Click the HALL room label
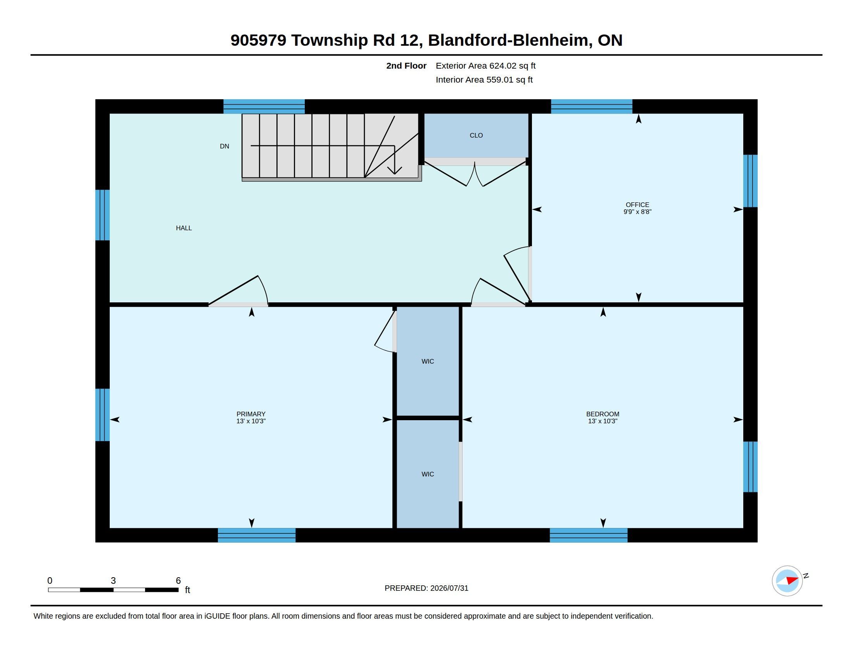[x=183, y=228]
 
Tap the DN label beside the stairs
[x=224, y=147]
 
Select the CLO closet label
[x=476, y=135]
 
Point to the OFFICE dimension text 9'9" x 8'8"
[x=637, y=212]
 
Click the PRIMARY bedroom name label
[x=251, y=414]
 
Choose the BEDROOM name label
[x=603, y=414]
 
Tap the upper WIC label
[x=428, y=362]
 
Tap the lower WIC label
[x=428, y=474]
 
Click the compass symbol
[x=787, y=581]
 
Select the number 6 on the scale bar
[x=178, y=581]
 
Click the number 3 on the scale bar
[x=113, y=581]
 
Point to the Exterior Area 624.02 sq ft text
[x=485, y=66]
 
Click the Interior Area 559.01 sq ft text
[x=484, y=80]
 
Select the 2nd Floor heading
[x=406, y=66]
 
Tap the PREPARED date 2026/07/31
[x=449, y=588]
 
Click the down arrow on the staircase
[x=394, y=160]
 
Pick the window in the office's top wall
[x=591, y=106]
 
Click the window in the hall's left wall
[x=102, y=215]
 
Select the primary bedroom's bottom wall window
[x=257, y=535]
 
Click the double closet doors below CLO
[x=475, y=174]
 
